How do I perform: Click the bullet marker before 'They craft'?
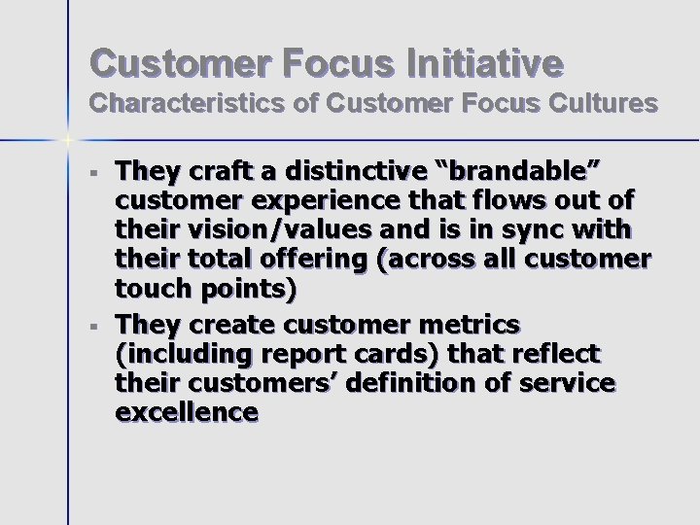[x=93, y=177]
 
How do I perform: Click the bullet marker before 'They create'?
[x=93, y=325]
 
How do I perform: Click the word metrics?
[x=465, y=324]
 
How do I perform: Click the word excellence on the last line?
[x=187, y=412]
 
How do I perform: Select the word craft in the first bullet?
[x=216, y=173]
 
